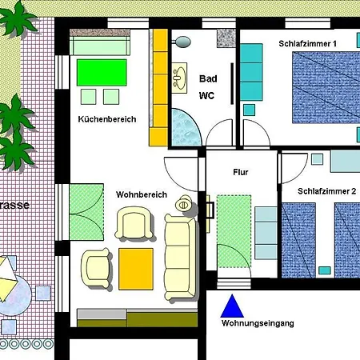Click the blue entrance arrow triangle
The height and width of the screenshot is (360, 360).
(x=232, y=307)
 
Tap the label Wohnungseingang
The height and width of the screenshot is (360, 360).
(x=258, y=323)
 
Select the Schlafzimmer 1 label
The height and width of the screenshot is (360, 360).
(x=308, y=43)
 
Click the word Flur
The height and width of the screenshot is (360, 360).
(x=241, y=172)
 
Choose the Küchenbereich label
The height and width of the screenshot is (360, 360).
(x=107, y=119)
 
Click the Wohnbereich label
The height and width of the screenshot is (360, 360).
(x=141, y=194)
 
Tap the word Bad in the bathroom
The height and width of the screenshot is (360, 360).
(x=208, y=78)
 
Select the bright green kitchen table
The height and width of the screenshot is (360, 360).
(x=102, y=73)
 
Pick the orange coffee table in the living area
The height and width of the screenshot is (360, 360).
(x=136, y=269)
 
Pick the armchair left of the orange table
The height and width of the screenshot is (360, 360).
(x=97, y=267)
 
